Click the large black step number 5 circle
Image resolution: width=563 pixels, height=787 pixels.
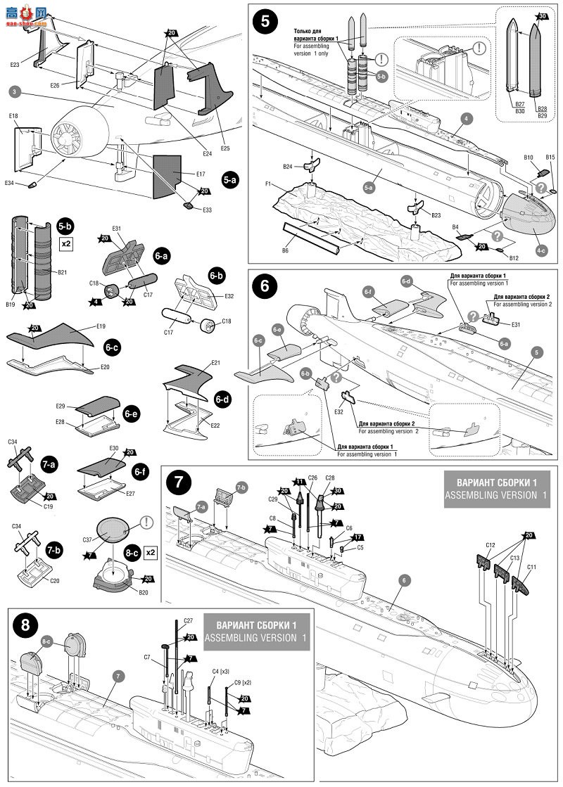264,20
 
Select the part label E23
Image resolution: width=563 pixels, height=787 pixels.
15,65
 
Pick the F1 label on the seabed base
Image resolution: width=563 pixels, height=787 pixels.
269,185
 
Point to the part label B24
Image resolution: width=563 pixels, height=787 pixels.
288,167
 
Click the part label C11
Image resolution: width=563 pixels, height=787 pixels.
531,566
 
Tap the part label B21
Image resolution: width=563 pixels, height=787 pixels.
61,271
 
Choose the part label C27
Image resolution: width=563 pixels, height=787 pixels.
188,621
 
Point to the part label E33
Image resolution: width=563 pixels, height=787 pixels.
207,209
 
